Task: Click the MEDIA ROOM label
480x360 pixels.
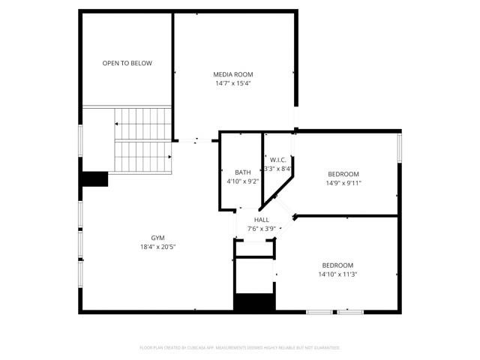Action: (x=232, y=74)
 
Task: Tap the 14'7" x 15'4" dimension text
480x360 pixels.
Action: (x=232, y=83)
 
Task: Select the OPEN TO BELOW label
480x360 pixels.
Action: (x=127, y=63)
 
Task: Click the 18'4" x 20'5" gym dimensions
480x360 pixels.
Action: (x=157, y=247)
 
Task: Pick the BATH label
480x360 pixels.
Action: (x=242, y=172)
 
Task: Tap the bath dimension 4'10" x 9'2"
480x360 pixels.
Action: (x=242, y=181)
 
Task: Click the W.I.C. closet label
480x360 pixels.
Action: (x=278, y=160)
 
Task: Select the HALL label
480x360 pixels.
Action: (x=261, y=220)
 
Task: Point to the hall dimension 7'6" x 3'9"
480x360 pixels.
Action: (x=261, y=229)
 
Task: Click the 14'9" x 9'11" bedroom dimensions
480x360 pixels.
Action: (x=343, y=183)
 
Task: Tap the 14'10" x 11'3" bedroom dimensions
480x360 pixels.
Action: (x=339, y=274)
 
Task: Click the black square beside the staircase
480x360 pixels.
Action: (x=95, y=179)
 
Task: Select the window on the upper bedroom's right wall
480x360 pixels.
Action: (x=399, y=147)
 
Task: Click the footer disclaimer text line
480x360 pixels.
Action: (x=240, y=347)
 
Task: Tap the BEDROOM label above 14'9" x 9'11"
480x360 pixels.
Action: (x=343, y=174)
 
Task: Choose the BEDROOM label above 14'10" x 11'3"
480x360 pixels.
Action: (x=337, y=265)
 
